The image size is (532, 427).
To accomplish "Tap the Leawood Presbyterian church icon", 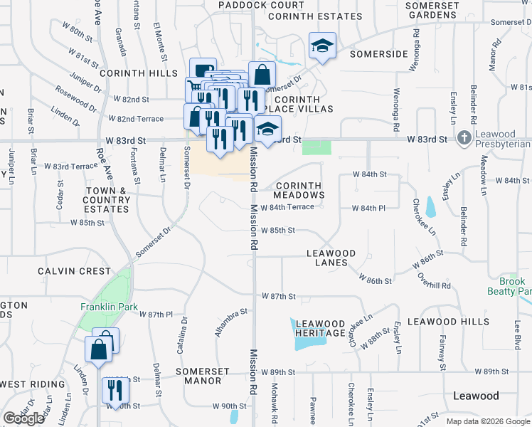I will (463, 137).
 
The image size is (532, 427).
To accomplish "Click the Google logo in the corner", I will (23, 418).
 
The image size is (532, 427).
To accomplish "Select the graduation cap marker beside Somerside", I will (321, 47).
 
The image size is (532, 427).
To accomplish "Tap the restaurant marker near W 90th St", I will (113, 390).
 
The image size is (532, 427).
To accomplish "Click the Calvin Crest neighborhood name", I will (74, 271).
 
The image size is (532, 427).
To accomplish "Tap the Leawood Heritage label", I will (320, 328).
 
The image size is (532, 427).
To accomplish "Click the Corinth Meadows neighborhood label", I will (299, 190).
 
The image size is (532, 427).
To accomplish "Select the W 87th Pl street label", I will (156, 314).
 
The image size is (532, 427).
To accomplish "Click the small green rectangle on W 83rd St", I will (316, 147).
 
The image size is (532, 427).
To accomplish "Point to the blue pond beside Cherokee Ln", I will (430, 206).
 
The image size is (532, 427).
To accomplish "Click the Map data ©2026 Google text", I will (488, 421).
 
